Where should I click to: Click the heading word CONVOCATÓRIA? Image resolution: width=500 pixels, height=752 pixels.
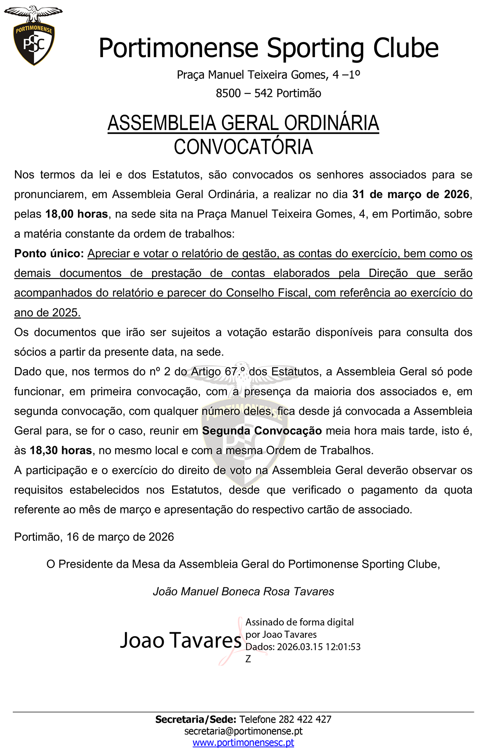pyautogui.click(x=243, y=147)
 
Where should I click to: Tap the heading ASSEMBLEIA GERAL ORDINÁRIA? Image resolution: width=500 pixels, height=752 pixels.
pyautogui.click(x=243, y=123)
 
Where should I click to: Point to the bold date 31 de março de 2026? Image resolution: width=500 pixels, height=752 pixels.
pyautogui.click(x=411, y=195)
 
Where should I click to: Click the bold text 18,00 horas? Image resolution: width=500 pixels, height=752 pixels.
pyautogui.click(x=77, y=214)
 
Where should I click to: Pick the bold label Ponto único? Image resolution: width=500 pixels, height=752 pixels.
pyautogui.click(x=49, y=253)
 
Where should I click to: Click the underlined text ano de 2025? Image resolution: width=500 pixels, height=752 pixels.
pyautogui.click(x=47, y=313)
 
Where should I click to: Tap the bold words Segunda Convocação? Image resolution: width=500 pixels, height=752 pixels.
pyautogui.click(x=262, y=431)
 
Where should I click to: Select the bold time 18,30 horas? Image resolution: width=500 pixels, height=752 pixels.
pyautogui.click(x=61, y=451)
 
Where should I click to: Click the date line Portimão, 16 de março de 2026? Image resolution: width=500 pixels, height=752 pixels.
pyautogui.click(x=94, y=537)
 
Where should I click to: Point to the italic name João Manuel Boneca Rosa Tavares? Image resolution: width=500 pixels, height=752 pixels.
pyautogui.click(x=243, y=592)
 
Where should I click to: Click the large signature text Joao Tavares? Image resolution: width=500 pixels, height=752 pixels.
pyautogui.click(x=181, y=640)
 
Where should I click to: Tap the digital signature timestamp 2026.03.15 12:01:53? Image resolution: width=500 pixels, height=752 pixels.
pyautogui.click(x=319, y=647)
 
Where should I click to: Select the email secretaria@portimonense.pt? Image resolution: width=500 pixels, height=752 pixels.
pyautogui.click(x=243, y=731)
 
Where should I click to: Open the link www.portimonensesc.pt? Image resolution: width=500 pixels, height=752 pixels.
pyautogui.click(x=243, y=743)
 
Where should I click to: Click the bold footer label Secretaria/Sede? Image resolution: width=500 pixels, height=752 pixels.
pyautogui.click(x=196, y=719)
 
